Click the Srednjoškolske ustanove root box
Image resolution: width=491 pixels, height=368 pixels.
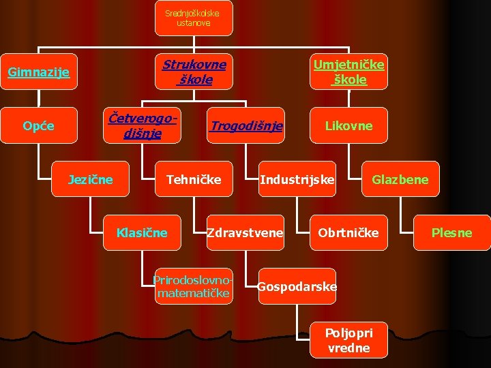pyautogui.click(x=193, y=18)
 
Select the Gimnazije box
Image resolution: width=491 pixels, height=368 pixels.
pyautogui.click(x=38, y=72)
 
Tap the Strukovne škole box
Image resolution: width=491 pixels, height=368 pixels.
pyautogui.click(x=194, y=72)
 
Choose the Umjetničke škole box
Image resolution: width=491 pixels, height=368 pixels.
pyautogui.click(x=348, y=72)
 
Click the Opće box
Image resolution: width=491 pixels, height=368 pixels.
pyautogui.click(x=38, y=125)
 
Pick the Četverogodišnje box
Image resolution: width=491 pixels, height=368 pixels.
pyautogui.click(x=143, y=125)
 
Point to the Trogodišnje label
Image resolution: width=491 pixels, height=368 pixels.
pyautogui.click(x=246, y=126)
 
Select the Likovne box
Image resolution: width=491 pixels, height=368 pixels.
pyautogui.click(x=348, y=125)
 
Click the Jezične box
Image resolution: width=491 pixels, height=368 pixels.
pyautogui.click(x=90, y=179)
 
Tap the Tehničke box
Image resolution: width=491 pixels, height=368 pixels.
pyautogui.click(x=194, y=179)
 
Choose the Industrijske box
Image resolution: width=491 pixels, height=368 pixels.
pyautogui.click(x=297, y=179)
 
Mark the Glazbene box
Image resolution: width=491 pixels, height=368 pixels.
pyautogui.click(x=400, y=179)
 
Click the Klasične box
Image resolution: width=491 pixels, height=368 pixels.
pyautogui.click(x=142, y=232)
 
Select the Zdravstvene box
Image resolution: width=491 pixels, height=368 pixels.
pyautogui.click(x=245, y=232)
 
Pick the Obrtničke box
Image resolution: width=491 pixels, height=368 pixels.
pyautogui.click(x=348, y=232)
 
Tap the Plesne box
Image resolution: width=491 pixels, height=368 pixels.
pyautogui.click(x=451, y=232)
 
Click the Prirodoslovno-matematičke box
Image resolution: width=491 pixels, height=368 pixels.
pyautogui.click(x=194, y=287)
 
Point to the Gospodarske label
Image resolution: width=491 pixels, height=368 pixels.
pyautogui.click(x=297, y=287)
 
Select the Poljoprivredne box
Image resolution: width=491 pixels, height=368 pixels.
pyautogui.click(x=348, y=340)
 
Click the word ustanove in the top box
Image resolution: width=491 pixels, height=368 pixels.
pyautogui.click(x=194, y=23)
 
